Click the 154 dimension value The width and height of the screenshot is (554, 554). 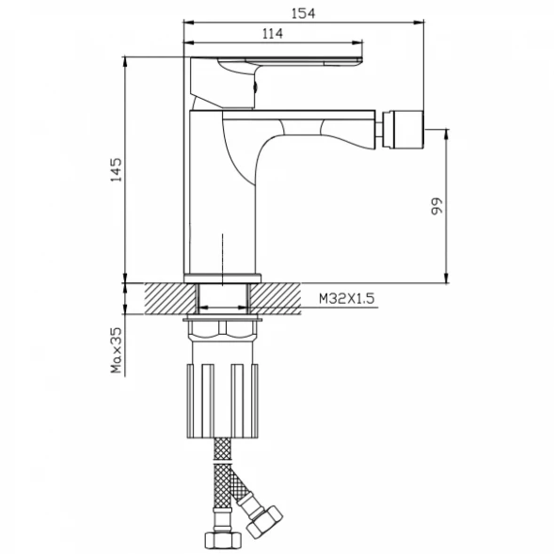tap(303, 13)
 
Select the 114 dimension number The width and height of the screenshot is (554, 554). tap(273, 34)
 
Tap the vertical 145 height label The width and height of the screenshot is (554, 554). tap(116, 170)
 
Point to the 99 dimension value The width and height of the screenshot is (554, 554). tap(436, 206)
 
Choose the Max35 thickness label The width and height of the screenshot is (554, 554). tap(116, 350)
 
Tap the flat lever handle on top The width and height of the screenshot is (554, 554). tap(277, 61)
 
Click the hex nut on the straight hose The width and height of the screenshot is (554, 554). tap(223, 540)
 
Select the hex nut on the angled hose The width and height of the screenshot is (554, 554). tap(264, 524)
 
